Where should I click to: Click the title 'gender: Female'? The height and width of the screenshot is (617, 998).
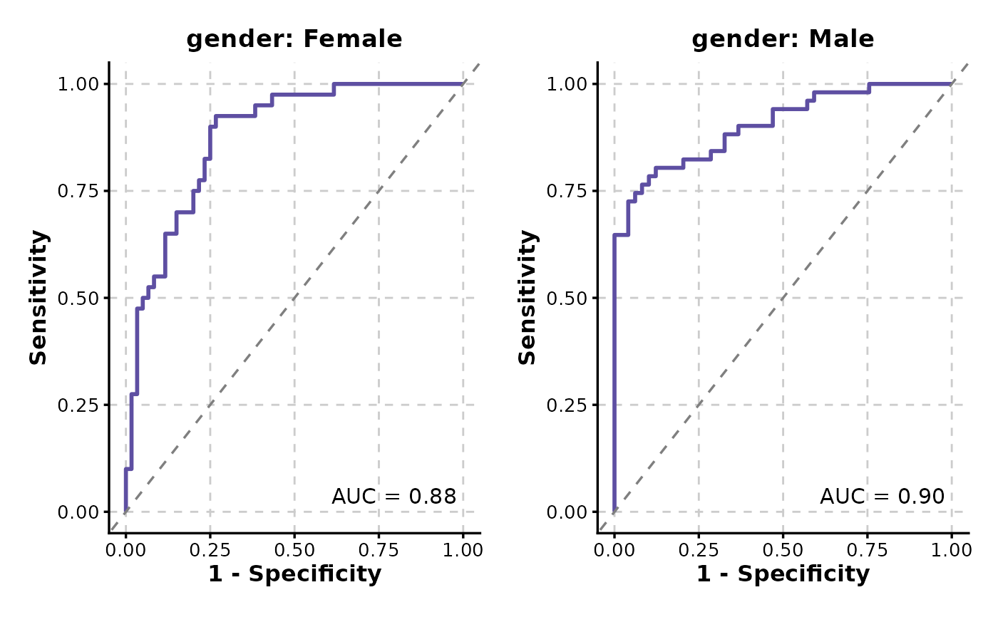[x=294, y=39]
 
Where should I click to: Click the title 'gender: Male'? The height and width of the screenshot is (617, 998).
[x=783, y=39]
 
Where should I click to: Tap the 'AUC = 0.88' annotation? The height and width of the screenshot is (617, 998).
[x=393, y=497]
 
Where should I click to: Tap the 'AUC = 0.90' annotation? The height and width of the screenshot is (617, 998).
[x=882, y=497]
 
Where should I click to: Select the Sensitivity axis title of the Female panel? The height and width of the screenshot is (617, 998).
[x=38, y=297]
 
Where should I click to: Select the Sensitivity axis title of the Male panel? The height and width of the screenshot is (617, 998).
[x=527, y=297]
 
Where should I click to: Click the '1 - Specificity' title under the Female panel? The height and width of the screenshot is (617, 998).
[x=294, y=574]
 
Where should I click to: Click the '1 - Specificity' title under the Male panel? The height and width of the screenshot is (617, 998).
[x=783, y=574]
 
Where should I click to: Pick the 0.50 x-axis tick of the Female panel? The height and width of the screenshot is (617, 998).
[x=294, y=550]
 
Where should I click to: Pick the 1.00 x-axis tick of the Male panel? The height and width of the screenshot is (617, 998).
[x=951, y=550]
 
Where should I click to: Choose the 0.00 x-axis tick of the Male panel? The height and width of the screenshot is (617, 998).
[x=614, y=550]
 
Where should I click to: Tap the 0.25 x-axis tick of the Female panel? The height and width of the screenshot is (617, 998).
[x=210, y=550]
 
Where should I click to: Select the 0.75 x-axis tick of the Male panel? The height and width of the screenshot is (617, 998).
[x=867, y=550]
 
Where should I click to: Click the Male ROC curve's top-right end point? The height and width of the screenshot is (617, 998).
[x=951, y=84]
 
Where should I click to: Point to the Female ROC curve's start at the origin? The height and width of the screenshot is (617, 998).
[x=125, y=512]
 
